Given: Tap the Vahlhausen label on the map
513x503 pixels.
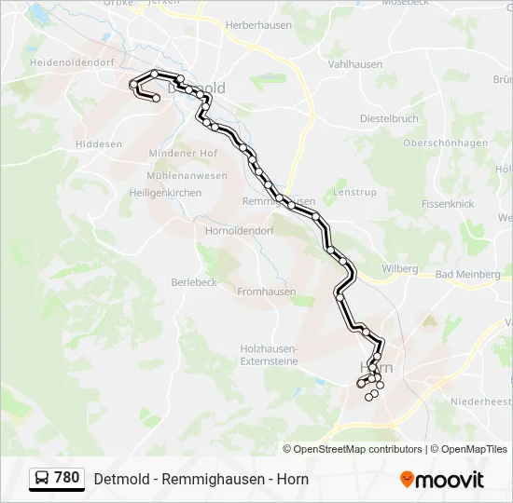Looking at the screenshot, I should (355, 64).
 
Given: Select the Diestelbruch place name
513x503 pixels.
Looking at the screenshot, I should (390, 119).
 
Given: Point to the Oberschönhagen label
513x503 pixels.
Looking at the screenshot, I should (446, 143).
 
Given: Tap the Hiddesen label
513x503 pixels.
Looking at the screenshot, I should (99, 144).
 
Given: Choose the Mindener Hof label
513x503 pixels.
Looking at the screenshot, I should (183, 153).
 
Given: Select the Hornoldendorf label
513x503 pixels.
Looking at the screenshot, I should (240, 230).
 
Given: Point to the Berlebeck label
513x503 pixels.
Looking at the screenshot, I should (194, 282).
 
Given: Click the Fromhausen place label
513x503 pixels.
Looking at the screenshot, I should (266, 292).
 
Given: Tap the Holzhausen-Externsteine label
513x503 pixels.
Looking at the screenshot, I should (269, 354).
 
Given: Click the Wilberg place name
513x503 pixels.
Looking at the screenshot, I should (399, 268).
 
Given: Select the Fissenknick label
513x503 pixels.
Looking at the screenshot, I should (448, 203).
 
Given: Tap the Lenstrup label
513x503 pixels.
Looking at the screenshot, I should (354, 192).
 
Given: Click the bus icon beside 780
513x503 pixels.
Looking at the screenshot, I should (42, 479).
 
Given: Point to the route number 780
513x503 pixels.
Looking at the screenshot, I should (67, 478).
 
